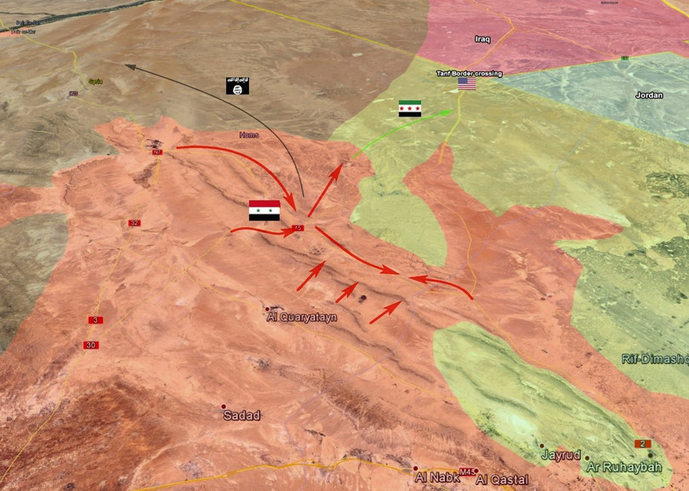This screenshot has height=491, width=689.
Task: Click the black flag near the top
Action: tap(237, 85)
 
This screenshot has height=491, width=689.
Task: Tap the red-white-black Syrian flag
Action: tap(264, 211)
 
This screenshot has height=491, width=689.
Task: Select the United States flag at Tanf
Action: tap(467, 84)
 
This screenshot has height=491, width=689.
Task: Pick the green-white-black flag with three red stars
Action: tap(410, 108)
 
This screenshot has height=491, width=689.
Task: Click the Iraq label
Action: tap(483, 39)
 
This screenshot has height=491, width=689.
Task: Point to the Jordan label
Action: tap(649, 95)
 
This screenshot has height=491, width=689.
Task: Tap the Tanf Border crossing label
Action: tap(470, 73)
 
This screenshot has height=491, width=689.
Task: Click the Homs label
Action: tap(249, 134)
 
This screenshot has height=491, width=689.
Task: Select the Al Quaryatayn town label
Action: tap(302, 317)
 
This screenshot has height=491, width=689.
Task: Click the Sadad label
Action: tap(241, 415)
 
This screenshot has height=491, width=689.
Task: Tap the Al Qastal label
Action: tap(503, 480)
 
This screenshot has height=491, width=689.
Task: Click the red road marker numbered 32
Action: tap(134, 223)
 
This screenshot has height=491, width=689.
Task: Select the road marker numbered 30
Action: tap(90, 345)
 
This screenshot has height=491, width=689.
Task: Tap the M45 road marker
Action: tap(466, 471)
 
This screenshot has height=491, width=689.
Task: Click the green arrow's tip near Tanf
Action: tap(451, 110)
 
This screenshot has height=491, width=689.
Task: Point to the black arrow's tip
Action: tap(125, 64)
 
